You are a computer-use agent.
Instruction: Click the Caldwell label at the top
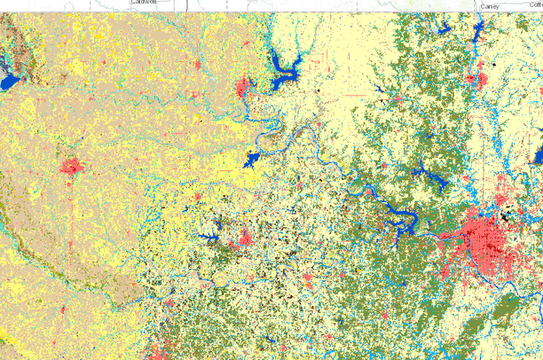(144, 2)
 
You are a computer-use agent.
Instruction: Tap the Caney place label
(490, 6)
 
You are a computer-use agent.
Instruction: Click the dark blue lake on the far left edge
(8, 82)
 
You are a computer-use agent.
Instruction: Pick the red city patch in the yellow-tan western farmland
(72, 166)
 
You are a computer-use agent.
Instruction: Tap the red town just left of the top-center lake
(244, 88)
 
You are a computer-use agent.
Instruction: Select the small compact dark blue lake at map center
(250, 160)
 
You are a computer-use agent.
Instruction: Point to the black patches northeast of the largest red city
(507, 214)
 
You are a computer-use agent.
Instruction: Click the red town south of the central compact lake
(245, 238)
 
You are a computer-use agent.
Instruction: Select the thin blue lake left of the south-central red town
(209, 237)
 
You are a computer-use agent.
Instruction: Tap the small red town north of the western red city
(198, 66)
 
